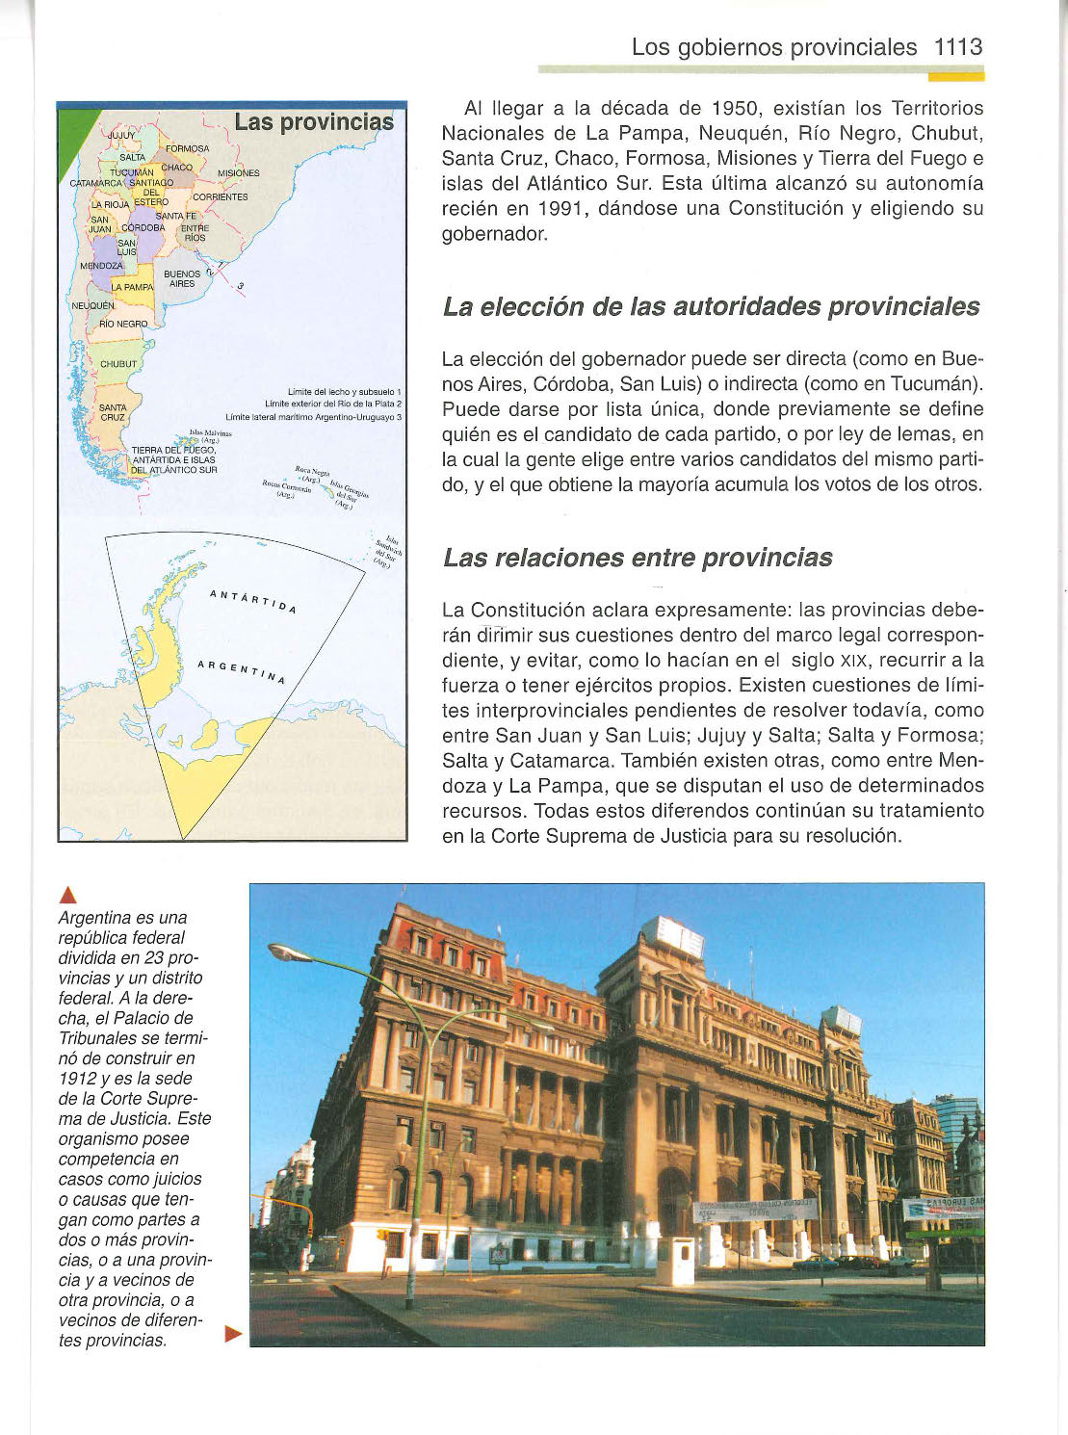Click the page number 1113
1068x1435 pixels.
pos(957,47)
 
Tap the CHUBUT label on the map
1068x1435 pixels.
pos(118,364)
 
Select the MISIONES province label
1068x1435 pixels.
pos(238,173)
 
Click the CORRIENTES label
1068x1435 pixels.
pos(221,197)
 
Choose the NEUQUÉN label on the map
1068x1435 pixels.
pos(92,305)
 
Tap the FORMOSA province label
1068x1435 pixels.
pos(187,149)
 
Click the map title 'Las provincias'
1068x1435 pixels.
pos(314,122)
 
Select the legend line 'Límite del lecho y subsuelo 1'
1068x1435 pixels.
pos(344,392)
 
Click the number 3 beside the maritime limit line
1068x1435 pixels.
pos(240,286)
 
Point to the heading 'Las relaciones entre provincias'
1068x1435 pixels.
pos(638,559)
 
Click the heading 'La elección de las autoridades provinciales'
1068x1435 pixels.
pos(711,307)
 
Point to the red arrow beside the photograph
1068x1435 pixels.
pos(231,1334)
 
